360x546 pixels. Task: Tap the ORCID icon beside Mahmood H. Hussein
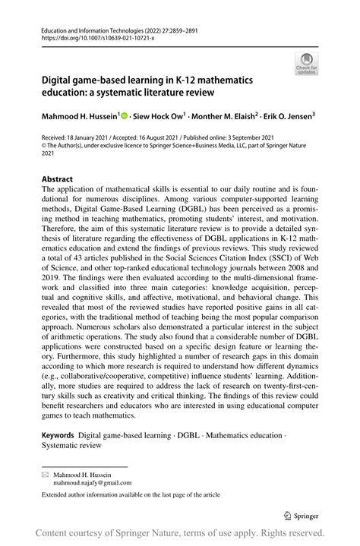point(125,117)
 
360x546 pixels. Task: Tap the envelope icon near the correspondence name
point(45,472)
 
